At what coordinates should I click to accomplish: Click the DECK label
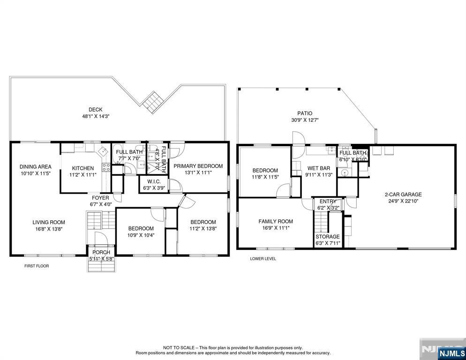[x=95, y=110]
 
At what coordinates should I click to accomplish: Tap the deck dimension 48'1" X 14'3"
[x=96, y=117]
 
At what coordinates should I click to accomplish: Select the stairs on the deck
[x=153, y=103]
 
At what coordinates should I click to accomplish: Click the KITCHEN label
[x=83, y=168]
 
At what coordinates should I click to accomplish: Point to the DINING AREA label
[x=36, y=167]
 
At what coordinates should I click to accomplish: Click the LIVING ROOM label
[x=49, y=222]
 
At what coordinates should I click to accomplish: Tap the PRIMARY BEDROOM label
[x=198, y=166]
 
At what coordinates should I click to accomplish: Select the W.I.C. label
[x=154, y=181]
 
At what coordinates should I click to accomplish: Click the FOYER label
[x=100, y=198]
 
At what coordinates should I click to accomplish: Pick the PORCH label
[x=101, y=252]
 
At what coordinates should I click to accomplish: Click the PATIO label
[x=305, y=113]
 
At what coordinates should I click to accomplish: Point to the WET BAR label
[x=319, y=168]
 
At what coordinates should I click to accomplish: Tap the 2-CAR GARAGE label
[x=403, y=195]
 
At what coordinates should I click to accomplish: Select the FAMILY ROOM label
[x=276, y=221]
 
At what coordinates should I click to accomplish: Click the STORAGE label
[x=328, y=237]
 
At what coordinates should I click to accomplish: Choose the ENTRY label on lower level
[x=328, y=202]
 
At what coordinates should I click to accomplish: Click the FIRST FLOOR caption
[x=37, y=266]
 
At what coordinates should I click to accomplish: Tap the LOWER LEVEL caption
[x=263, y=259]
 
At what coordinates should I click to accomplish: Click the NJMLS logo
[x=452, y=353]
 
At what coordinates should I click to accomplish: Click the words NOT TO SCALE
[x=179, y=347]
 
